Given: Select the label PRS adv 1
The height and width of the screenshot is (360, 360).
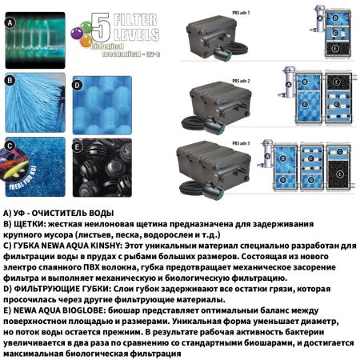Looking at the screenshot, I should [x=255, y=7].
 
